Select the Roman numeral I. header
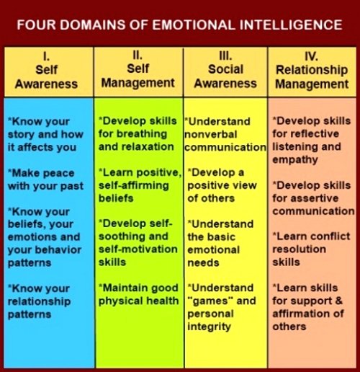(46, 56)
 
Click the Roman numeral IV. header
(311, 56)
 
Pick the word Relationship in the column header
(312, 70)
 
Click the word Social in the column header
(225, 69)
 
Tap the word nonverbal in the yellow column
(211, 134)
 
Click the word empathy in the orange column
(295, 160)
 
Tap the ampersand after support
(339, 301)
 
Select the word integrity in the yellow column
(209, 327)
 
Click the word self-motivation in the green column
(138, 249)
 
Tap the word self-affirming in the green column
(134, 186)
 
